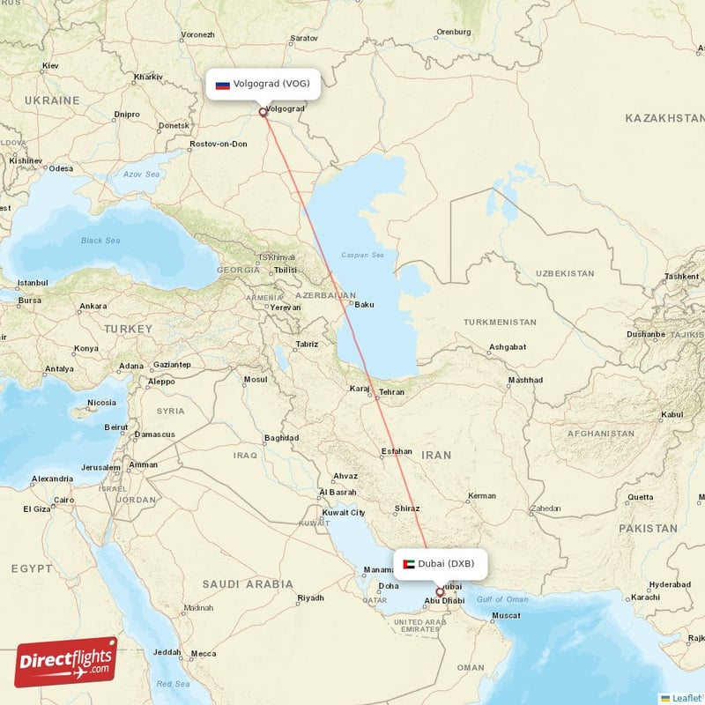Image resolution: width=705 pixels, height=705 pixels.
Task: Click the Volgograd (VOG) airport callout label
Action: (263, 85)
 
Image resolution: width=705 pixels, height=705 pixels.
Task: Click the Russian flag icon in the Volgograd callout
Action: (223, 85)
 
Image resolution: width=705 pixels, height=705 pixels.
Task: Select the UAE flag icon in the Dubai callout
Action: (408, 564)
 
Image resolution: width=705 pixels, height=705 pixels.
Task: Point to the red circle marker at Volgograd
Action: (263, 112)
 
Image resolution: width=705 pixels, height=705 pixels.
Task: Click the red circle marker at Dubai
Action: (440, 592)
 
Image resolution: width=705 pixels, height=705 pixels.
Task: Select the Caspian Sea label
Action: (363, 256)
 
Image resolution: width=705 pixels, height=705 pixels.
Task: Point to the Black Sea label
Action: (100, 240)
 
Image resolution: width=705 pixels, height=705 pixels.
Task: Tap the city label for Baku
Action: (364, 305)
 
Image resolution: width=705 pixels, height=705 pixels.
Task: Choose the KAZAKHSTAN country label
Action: (663, 117)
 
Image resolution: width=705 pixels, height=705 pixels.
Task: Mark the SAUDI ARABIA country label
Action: (247, 583)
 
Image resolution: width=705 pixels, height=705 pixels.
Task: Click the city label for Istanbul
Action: (33, 283)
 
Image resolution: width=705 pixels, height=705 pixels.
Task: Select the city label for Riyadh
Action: (310, 597)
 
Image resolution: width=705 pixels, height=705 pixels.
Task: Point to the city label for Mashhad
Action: (525, 380)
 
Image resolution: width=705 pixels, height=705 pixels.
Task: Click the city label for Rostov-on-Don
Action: (219, 144)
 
